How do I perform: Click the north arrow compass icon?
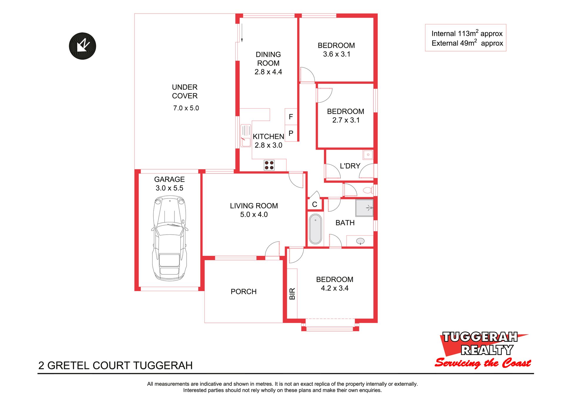pyautogui.click(x=83, y=46)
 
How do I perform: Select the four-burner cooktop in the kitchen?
pyautogui.click(x=269, y=165)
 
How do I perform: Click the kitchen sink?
pyautogui.click(x=246, y=136)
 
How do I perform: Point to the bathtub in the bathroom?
pyautogui.click(x=315, y=229)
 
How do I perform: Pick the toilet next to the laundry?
pyautogui.click(x=368, y=190)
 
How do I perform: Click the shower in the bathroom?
pyautogui.click(x=364, y=208)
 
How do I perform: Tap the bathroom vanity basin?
pyautogui.click(x=360, y=241)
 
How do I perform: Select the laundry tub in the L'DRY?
pyautogui.click(x=368, y=154)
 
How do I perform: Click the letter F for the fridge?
pyautogui.click(x=291, y=117)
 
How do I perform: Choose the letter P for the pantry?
pyautogui.click(x=291, y=133)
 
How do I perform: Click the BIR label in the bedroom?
pyautogui.click(x=292, y=294)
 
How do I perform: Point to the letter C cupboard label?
pyautogui.click(x=315, y=204)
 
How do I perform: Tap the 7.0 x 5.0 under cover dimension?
pyautogui.click(x=186, y=108)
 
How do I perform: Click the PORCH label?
pyautogui.click(x=244, y=292)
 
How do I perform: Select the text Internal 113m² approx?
pyautogui.click(x=467, y=33)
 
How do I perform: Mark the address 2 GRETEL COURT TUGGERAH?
pyautogui.click(x=115, y=365)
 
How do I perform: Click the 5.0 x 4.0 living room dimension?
pyautogui.click(x=254, y=215)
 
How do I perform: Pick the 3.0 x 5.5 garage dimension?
pyautogui.click(x=169, y=188)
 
